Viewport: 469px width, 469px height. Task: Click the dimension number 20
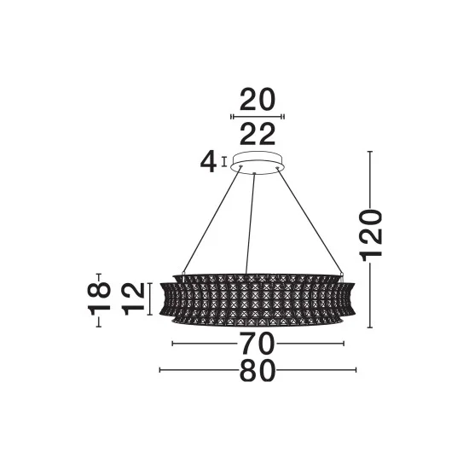(x=258, y=100)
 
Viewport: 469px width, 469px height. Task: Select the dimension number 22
(x=258, y=134)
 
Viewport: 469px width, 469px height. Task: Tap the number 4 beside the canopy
(x=208, y=161)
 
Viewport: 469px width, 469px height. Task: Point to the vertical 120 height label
(x=372, y=235)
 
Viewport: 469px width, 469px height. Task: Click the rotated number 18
(x=99, y=299)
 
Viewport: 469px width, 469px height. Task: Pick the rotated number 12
(x=134, y=299)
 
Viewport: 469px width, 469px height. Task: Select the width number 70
(x=258, y=344)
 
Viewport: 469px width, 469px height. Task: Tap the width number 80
(x=258, y=370)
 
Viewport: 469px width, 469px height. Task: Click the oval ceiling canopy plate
(x=257, y=164)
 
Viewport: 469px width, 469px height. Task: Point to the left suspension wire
(x=211, y=222)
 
